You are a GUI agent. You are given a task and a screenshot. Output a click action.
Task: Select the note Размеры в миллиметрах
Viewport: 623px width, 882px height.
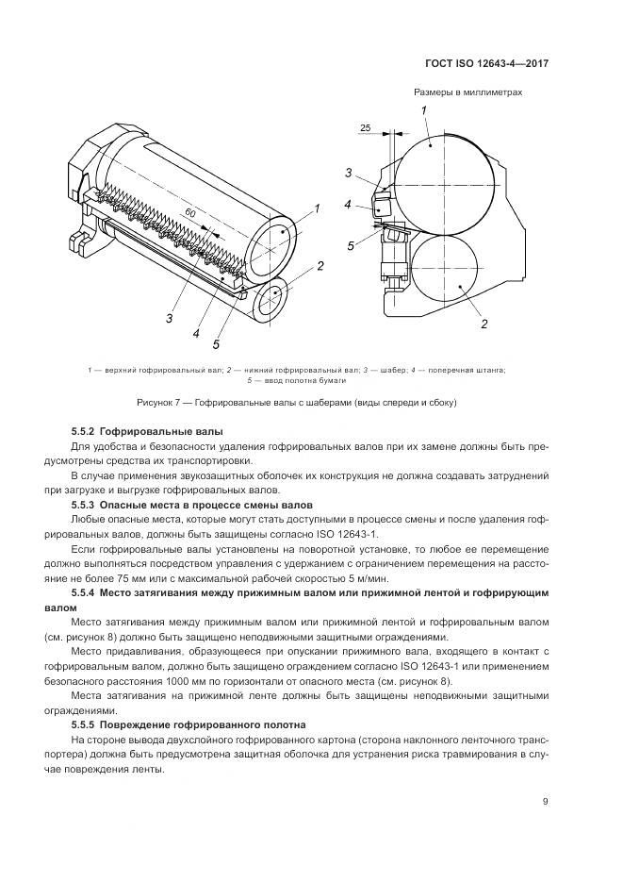[x=467, y=92]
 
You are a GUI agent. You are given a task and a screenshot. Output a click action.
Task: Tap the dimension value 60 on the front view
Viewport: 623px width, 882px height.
[x=189, y=215]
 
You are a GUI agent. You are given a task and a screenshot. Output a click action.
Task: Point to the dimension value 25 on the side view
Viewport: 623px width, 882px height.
[x=365, y=126]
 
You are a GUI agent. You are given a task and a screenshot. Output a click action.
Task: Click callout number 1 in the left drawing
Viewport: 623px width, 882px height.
[x=319, y=208]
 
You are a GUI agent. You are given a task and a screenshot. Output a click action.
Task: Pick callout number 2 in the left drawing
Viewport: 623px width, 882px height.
[x=320, y=267]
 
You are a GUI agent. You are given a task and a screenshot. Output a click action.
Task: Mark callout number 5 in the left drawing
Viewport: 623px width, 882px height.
[x=215, y=343]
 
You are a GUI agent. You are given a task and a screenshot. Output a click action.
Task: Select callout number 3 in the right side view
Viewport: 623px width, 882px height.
[x=348, y=173]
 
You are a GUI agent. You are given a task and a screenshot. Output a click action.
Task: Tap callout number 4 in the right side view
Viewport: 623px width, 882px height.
[x=348, y=205]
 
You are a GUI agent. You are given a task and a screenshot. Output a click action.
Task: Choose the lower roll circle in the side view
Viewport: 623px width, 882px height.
[x=441, y=275]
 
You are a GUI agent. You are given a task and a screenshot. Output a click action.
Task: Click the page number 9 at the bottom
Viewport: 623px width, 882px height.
[x=546, y=802]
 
